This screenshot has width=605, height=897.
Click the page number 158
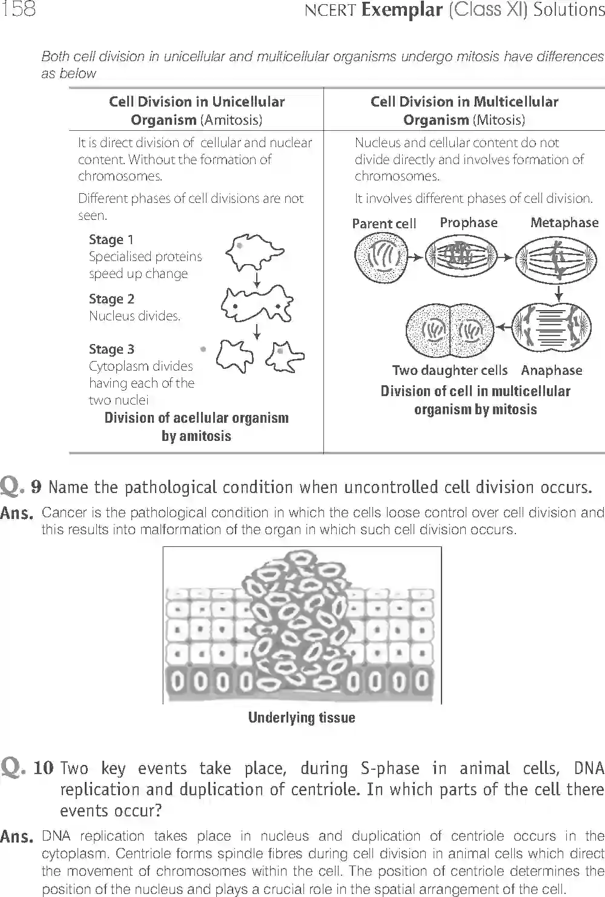[18, 9]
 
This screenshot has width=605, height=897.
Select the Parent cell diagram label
[384, 223]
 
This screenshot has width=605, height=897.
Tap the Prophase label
[468, 222]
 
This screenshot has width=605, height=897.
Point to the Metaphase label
[564, 222]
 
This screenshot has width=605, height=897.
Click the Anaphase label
[551, 370]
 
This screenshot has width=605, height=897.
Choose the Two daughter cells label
[449, 370]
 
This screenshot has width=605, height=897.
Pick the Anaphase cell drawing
[551, 328]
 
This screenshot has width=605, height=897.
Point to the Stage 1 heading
[111, 240]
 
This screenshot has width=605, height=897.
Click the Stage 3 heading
[111, 349]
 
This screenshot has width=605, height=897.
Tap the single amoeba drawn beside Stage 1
[254, 253]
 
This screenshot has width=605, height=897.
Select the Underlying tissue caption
[302, 718]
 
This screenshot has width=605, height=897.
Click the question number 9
[36, 487]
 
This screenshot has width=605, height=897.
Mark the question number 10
[44, 769]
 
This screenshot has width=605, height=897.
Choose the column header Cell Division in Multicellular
[464, 102]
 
